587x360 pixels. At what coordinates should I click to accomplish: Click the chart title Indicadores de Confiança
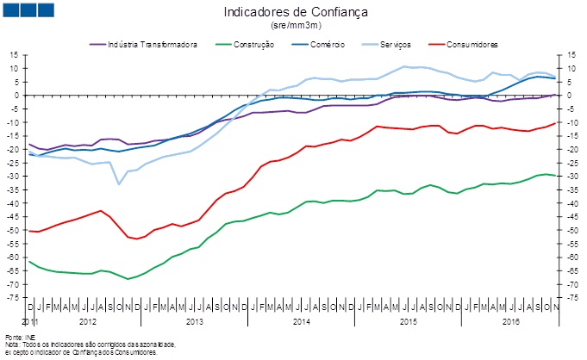[x=295, y=13]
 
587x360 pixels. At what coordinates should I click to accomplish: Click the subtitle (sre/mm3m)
[x=295, y=26]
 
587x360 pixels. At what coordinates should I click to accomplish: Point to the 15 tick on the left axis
[x=14, y=55]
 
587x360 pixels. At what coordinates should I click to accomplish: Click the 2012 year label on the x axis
[x=88, y=320]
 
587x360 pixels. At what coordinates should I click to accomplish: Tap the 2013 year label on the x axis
[x=195, y=320]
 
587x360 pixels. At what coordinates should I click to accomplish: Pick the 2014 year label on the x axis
[x=302, y=320]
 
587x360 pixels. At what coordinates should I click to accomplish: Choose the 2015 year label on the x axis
[x=409, y=320]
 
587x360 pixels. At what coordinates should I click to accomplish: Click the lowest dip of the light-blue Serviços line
[x=119, y=183]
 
